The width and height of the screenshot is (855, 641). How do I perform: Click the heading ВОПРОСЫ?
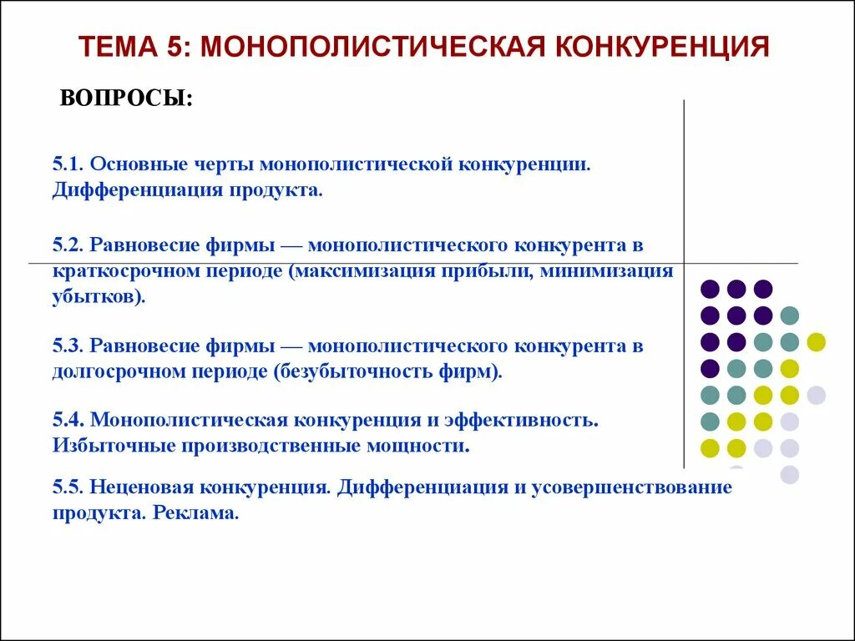coord(126,98)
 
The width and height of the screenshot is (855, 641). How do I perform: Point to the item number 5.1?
coord(68,163)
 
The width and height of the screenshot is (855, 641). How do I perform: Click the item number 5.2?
coord(68,245)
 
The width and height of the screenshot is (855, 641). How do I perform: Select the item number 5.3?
coord(68,346)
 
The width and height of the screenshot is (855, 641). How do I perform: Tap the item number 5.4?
coord(68,419)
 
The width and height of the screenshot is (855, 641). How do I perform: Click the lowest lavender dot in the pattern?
coord(789,475)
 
